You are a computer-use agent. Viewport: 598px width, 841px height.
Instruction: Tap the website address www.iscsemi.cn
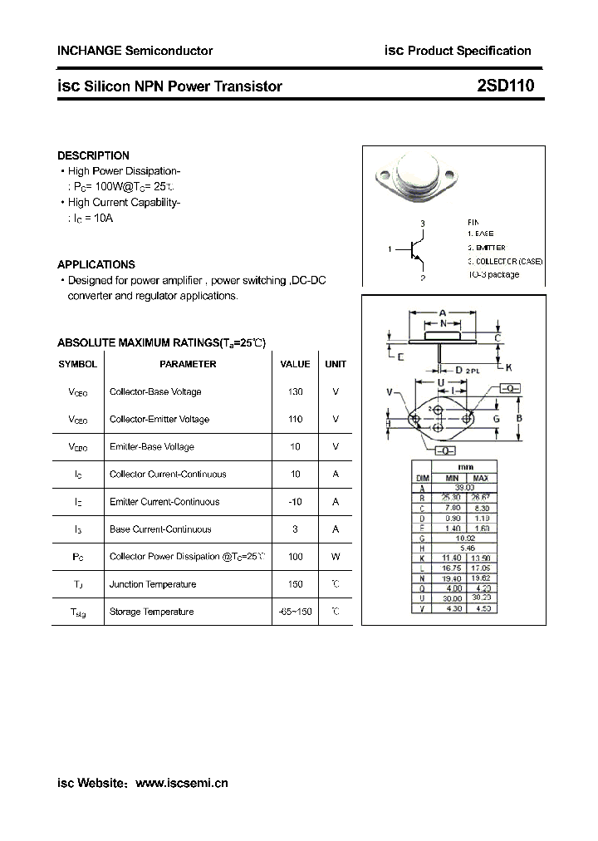tap(181, 782)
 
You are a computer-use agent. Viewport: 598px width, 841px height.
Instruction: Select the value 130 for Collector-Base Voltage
tap(295, 391)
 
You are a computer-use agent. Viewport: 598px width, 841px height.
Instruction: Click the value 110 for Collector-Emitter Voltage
tap(295, 419)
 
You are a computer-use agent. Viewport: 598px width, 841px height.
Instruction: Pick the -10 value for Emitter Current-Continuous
tap(295, 501)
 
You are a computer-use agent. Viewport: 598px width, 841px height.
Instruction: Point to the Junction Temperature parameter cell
tap(153, 584)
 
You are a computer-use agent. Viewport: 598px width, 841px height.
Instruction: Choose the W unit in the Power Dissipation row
tap(336, 556)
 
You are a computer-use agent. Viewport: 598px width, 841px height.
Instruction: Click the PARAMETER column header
tap(188, 364)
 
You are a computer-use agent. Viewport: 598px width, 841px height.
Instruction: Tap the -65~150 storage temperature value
tap(295, 612)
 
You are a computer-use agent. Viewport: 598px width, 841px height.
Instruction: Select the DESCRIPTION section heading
tap(93, 155)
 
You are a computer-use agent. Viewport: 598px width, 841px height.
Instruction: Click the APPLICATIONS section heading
tap(96, 264)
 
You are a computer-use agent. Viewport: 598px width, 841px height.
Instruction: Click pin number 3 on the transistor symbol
tap(422, 224)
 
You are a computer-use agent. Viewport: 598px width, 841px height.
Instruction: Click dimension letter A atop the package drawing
tap(443, 313)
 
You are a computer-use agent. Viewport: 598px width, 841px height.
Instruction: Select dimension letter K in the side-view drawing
tap(509, 367)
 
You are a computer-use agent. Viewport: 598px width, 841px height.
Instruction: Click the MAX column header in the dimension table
tap(481, 479)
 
